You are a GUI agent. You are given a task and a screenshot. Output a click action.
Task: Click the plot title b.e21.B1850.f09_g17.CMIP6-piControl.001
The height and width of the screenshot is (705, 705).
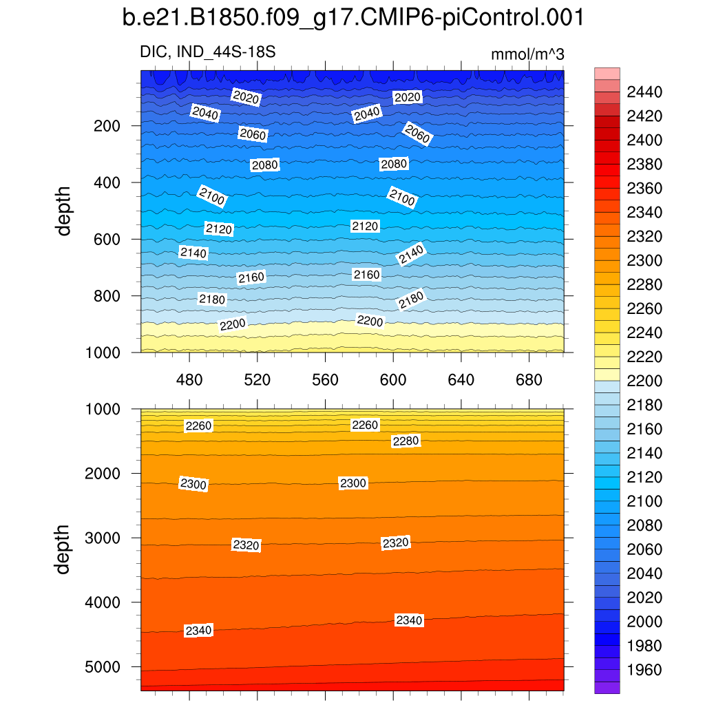coord(352,19)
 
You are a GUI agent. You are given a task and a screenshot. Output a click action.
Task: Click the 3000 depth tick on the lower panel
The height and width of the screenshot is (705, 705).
coord(102,538)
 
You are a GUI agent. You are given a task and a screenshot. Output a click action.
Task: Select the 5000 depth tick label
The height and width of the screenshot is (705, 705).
coord(102,666)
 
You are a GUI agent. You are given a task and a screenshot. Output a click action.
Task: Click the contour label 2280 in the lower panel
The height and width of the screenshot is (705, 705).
coord(406,441)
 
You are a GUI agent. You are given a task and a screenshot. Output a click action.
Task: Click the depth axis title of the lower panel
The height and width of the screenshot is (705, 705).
coord(64,549)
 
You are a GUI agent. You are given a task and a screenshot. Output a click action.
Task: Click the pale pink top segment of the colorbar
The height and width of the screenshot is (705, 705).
coord(607,74)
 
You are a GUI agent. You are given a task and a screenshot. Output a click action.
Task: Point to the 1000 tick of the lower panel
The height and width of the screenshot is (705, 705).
coord(102,409)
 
